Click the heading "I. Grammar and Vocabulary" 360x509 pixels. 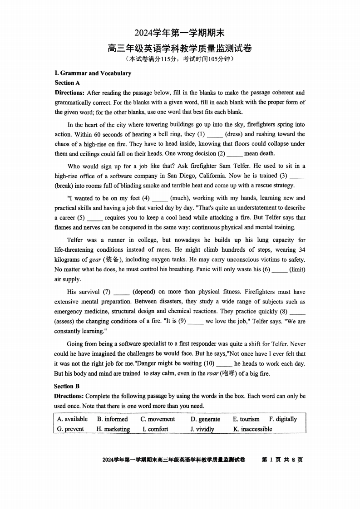click(93, 73)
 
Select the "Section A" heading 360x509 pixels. click(67, 83)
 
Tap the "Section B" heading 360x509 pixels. click(67, 386)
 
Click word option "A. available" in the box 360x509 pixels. click(72, 419)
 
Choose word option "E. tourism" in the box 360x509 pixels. click(246, 419)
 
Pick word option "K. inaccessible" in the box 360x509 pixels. click(252, 429)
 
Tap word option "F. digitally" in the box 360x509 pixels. click(283, 419)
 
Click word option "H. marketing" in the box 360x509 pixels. click(113, 429)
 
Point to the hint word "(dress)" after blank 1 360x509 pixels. click(234, 134)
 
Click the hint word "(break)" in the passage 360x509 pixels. click(66, 186)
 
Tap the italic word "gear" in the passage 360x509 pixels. click(95, 260)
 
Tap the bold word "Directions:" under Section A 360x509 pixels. click(69, 93)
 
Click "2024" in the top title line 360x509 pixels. click(143, 33)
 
